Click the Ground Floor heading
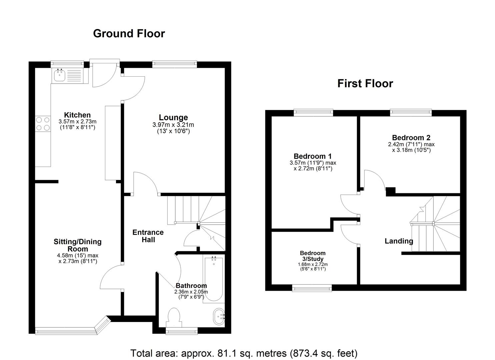point(129,34)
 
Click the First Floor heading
point(365,83)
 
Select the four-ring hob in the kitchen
point(43,124)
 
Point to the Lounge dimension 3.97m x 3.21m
point(173,125)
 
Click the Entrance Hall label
point(148,236)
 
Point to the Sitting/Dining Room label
point(78,245)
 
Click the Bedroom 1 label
point(312,156)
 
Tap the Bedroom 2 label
point(411,138)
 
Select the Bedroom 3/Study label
point(312,256)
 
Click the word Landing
point(399,241)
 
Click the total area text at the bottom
point(244,353)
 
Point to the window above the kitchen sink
point(67,63)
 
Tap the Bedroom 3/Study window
point(312,288)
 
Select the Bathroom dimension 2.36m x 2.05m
point(191,292)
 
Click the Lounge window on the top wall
point(174,63)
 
